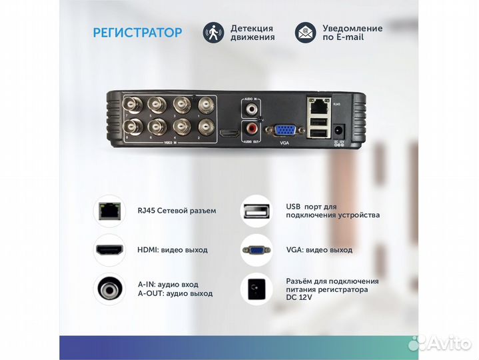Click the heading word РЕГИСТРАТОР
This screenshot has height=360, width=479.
coord(137,33)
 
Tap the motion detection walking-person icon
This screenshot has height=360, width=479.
coord(214,33)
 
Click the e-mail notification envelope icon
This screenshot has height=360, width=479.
coord(305,33)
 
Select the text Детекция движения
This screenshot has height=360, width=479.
coord(252,33)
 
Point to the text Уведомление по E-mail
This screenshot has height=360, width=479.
coord(352,33)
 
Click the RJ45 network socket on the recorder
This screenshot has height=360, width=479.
coord(318,104)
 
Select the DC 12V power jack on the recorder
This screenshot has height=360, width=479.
coord(340,131)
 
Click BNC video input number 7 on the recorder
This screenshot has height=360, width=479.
coord(130,105)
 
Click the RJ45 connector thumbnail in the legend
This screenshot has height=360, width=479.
coord(109,211)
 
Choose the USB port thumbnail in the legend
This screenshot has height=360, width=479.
coord(256,211)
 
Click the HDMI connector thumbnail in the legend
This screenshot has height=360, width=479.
coord(109,250)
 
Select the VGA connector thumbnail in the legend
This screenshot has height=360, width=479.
coord(256,250)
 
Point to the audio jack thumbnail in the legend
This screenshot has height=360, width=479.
coord(109,289)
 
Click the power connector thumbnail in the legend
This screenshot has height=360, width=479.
coord(256,289)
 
